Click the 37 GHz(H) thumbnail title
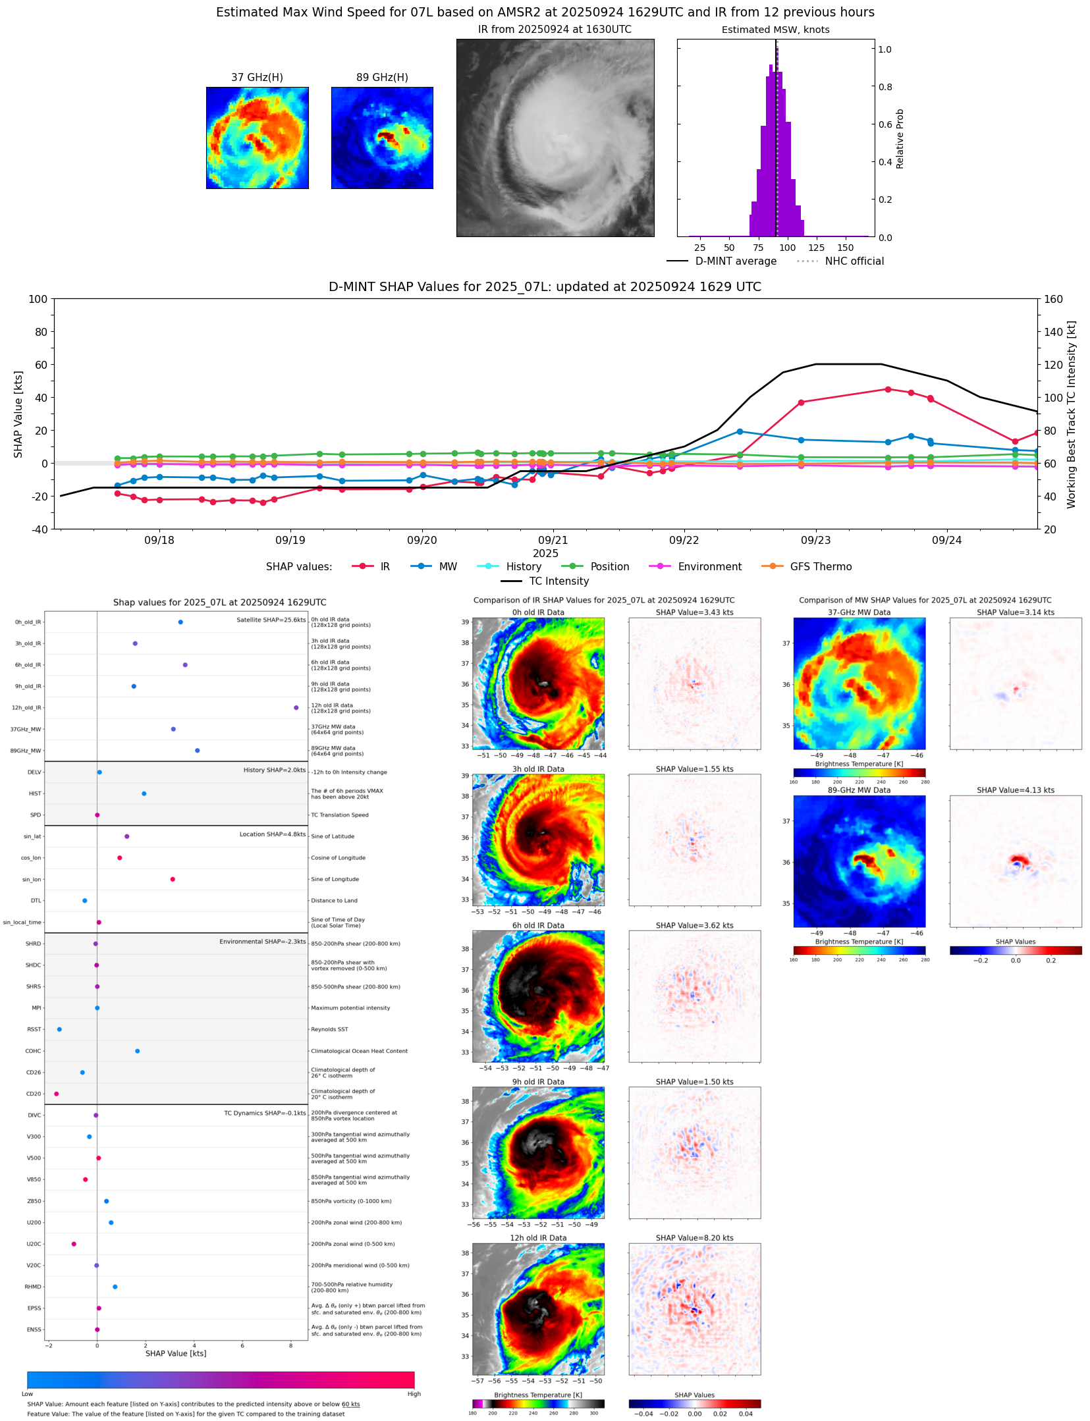click(x=257, y=78)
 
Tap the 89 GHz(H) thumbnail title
click(x=382, y=78)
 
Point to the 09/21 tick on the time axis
click(x=553, y=540)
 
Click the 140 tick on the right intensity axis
click(x=1053, y=332)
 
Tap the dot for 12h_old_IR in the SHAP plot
click(x=296, y=708)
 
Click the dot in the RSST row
click(x=59, y=1029)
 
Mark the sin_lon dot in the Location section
click(x=173, y=879)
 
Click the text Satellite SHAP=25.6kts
click(x=271, y=620)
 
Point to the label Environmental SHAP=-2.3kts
click(x=262, y=942)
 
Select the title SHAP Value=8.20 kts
click(x=694, y=1238)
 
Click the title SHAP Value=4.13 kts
click(x=1015, y=790)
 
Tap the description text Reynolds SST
click(x=329, y=1029)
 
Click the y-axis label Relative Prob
click(x=900, y=139)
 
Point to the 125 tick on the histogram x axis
click(x=816, y=248)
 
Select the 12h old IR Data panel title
click(x=538, y=1238)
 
